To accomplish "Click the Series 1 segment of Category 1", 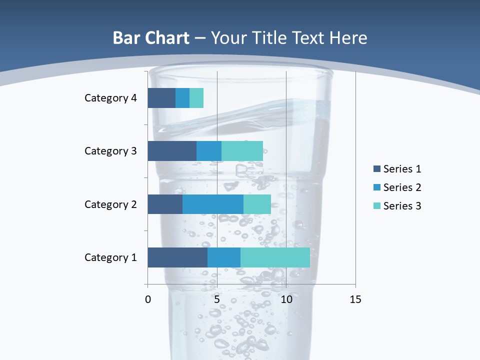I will pos(177,257).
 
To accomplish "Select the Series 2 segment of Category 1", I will pos(224,257).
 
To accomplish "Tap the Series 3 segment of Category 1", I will pos(275,257).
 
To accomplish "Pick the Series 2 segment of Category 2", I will pos(213,204).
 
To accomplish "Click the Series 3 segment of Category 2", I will pos(257,204).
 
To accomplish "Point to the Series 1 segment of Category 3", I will pos(172,151).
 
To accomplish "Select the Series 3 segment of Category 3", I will pos(242,151).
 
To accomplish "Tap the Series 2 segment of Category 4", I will pos(182,98).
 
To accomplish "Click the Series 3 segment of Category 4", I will pos(196,98).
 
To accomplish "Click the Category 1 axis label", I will pos(110,257).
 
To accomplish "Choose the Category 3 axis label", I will pos(110,151).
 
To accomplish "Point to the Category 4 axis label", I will pos(110,98).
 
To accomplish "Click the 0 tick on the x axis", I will pos(148,299).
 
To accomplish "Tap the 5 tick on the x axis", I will pos(217,299).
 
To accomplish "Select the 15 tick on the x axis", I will pos(355,299).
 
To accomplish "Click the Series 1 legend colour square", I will pos(376,169).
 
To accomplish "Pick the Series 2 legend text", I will pos(402,187).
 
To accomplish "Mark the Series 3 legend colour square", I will pos(376,206).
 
